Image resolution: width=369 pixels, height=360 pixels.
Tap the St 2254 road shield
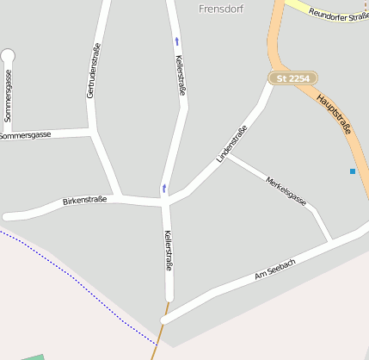click(x=293, y=78)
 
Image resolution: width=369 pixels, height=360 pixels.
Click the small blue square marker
click(x=353, y=171)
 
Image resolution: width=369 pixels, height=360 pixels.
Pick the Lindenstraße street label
click(x=232, y=144)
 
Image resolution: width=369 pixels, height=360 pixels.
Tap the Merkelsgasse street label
click(x=286, y=190)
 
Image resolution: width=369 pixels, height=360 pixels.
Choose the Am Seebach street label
click(x=275, y=270)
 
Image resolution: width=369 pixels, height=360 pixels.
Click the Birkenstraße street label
click(x=84, y=201)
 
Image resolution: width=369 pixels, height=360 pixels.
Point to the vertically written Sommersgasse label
click(x=8, y=96)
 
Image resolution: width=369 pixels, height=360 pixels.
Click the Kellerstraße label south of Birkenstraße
click(x=168, y=251)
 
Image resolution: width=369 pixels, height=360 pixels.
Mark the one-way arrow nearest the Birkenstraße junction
click(x=163, y=188)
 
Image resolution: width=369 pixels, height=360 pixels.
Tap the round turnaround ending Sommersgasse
click(x=8, y=57)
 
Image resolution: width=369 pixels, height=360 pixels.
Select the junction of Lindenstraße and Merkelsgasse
click(x=228, y=156)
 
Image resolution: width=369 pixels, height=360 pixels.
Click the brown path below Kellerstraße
click(x=157, y=340)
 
